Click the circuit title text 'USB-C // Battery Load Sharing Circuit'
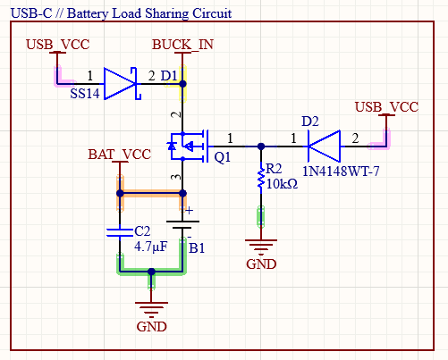pyautogui.click(x=121, y=13)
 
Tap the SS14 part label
pyautogui.click(x=85, y=94)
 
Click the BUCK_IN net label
pyautogui.click(x=182, y=45)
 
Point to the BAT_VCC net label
pyautogui.click(x=120, y=155)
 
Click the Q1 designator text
pyautogui.click(x=223, y=157)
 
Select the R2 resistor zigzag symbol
pyautogui.click(x=261, y=178)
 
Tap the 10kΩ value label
pyautogui.click(x=282, y=184)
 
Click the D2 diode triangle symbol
pyautogui.click(x=324, y=147)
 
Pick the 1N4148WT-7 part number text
pyautogui.click(x=341, y=172)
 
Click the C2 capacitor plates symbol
pyautogui.click(x=120, y=232)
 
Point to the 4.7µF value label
pyautogui.click(x=151, y=247)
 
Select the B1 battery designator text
pyautogui.click(x=197, y=247)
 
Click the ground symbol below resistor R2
pyautogui.click(x=261, y=247)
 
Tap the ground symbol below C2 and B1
pyautogui.click(x=151, y=310)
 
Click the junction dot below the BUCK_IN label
pyautogui.click(x=182, y=84)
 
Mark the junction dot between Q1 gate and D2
pyautogui.click(x=261, y=147)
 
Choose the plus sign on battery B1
pyautogui.click(x=189, y=211)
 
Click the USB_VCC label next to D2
pyautogui.click(x=386, y=107)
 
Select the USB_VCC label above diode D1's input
pyautogui.click(x=58, y=45)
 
